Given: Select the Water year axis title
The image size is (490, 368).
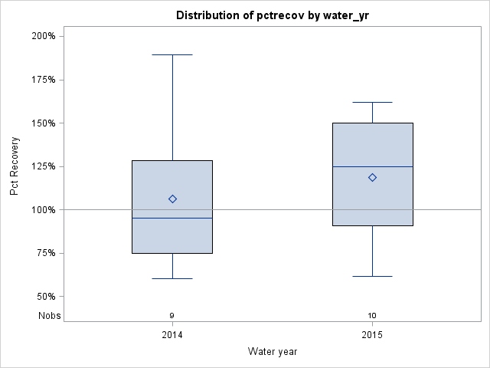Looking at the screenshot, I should [273, 351].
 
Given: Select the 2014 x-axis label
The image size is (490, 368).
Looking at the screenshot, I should [172, 335].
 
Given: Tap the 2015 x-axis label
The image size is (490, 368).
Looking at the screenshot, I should [372, 335].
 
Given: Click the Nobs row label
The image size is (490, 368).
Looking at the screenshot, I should [49, 316].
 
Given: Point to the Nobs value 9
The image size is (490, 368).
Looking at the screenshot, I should [172, 316].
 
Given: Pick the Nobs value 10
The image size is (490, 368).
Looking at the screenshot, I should [372, 316].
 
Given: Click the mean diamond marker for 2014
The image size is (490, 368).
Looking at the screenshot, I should [172, 199].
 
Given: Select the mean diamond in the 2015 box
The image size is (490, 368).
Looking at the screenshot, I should [372, 177].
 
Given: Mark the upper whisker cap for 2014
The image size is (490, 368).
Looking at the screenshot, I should [172, 55].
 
